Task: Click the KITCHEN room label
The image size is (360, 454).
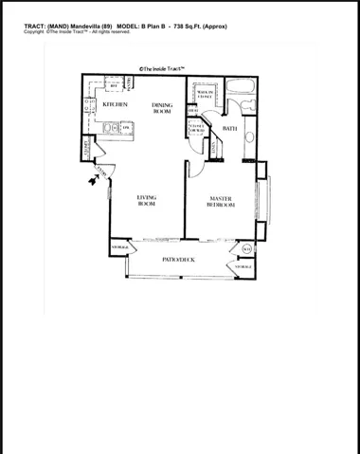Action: [116, 104]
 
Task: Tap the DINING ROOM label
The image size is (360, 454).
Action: [161, 108]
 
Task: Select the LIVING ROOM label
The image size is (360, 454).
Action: [147, 200]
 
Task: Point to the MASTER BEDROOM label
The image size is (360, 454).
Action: [222, 200]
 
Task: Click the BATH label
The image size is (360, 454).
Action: [229, 128]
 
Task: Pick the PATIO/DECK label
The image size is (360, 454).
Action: [178, 259]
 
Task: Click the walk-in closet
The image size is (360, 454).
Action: [205, 95]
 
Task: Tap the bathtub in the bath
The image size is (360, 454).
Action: [237, 98]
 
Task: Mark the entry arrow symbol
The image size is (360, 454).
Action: [93, 179]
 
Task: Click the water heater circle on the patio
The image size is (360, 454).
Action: [246, 249]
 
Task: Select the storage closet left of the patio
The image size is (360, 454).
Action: [120, 245]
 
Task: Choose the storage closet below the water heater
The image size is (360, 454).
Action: [243, 268]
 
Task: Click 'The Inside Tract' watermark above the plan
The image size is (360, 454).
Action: [161, 68]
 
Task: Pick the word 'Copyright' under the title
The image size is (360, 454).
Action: [34, 32]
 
